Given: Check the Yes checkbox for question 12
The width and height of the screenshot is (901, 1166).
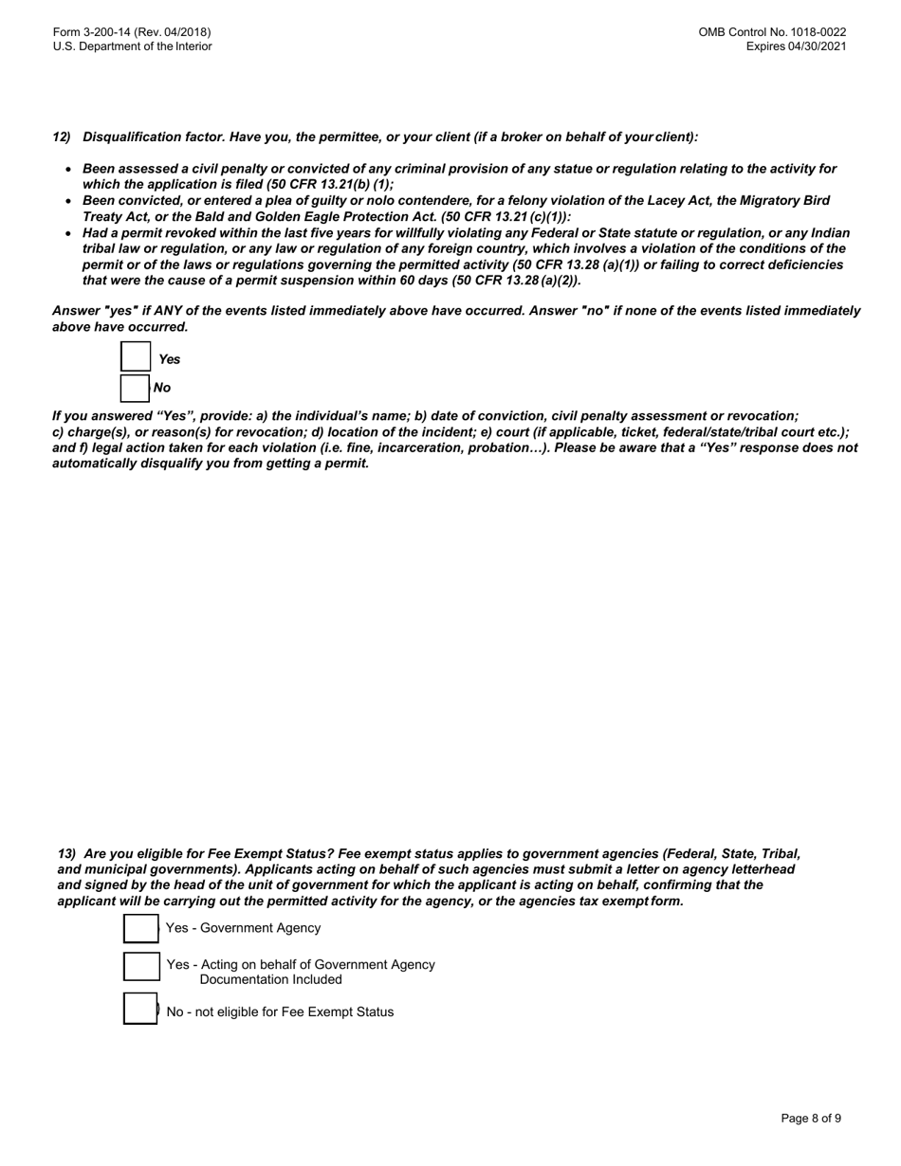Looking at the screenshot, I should pos(136,357).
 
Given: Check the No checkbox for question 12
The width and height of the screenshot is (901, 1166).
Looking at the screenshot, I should pos(136,389).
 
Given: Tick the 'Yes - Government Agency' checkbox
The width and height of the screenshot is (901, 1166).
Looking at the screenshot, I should pos(140,929).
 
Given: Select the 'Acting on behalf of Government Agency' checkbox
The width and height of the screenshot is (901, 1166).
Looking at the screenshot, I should pos(140,967).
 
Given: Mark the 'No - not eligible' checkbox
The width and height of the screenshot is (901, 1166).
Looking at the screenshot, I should pos(140,1009).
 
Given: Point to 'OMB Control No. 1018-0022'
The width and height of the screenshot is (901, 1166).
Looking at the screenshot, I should pos(772,32).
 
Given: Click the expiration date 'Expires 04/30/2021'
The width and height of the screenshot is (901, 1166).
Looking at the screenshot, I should pos(796,46).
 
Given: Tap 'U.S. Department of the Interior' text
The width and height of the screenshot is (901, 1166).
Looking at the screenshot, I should pos(132,46).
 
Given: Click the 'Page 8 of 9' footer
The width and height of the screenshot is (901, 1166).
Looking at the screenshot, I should pos(811,1119).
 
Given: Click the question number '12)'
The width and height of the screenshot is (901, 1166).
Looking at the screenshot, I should pos(62,137).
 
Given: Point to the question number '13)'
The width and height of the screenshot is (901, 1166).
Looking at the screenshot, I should pos(66,853).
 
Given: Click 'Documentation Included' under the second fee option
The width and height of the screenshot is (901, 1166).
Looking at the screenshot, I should pos(270,980).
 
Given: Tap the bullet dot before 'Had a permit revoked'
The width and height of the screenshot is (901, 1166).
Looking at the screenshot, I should pos(68,234).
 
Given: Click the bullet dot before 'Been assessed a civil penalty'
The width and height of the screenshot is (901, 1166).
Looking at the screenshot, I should pos(68,170).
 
